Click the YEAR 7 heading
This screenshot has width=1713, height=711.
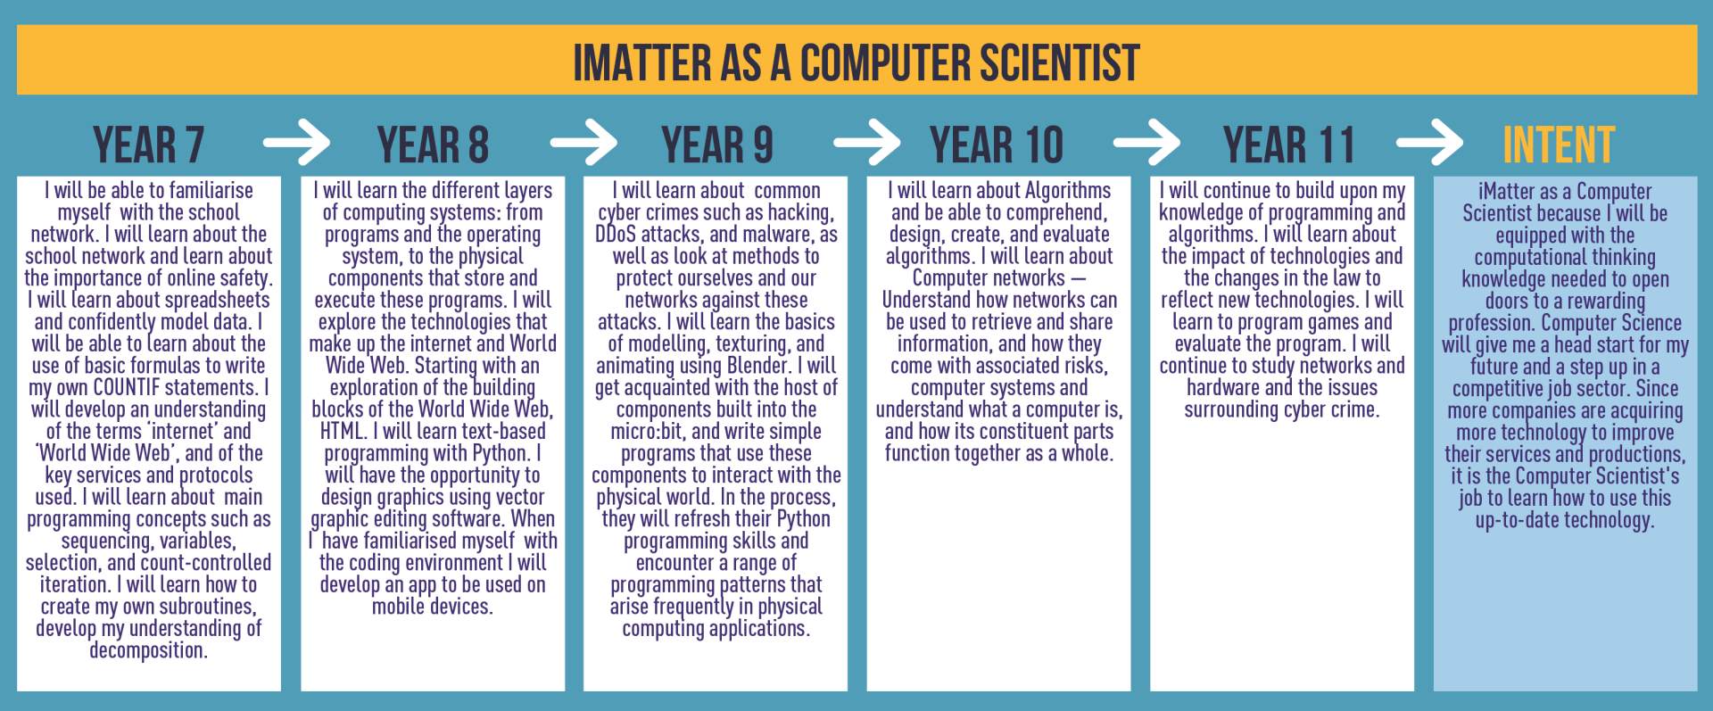pyautogui.click(x=149, y=145)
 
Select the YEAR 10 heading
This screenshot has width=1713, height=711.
pyautogui.click(x=997, y=145)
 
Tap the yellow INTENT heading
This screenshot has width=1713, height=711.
pyautogui.click(x=1559, y=145)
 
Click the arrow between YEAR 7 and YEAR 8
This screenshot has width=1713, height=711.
pyautogui.click(x=296, y=143)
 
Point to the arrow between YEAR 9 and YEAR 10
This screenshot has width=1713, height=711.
pyautogui.click(x=866, y=143)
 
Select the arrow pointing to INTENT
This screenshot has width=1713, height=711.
pyautogui.click(x=1429, y=143)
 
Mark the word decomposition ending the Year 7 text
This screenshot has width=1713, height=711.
pyautogui.click(x=148, y=650)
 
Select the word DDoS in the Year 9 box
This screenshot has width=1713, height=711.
pyautogui.click(x=615, y=235)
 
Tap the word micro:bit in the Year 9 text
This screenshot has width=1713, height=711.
pyautogui.click(x=647, y=432)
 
